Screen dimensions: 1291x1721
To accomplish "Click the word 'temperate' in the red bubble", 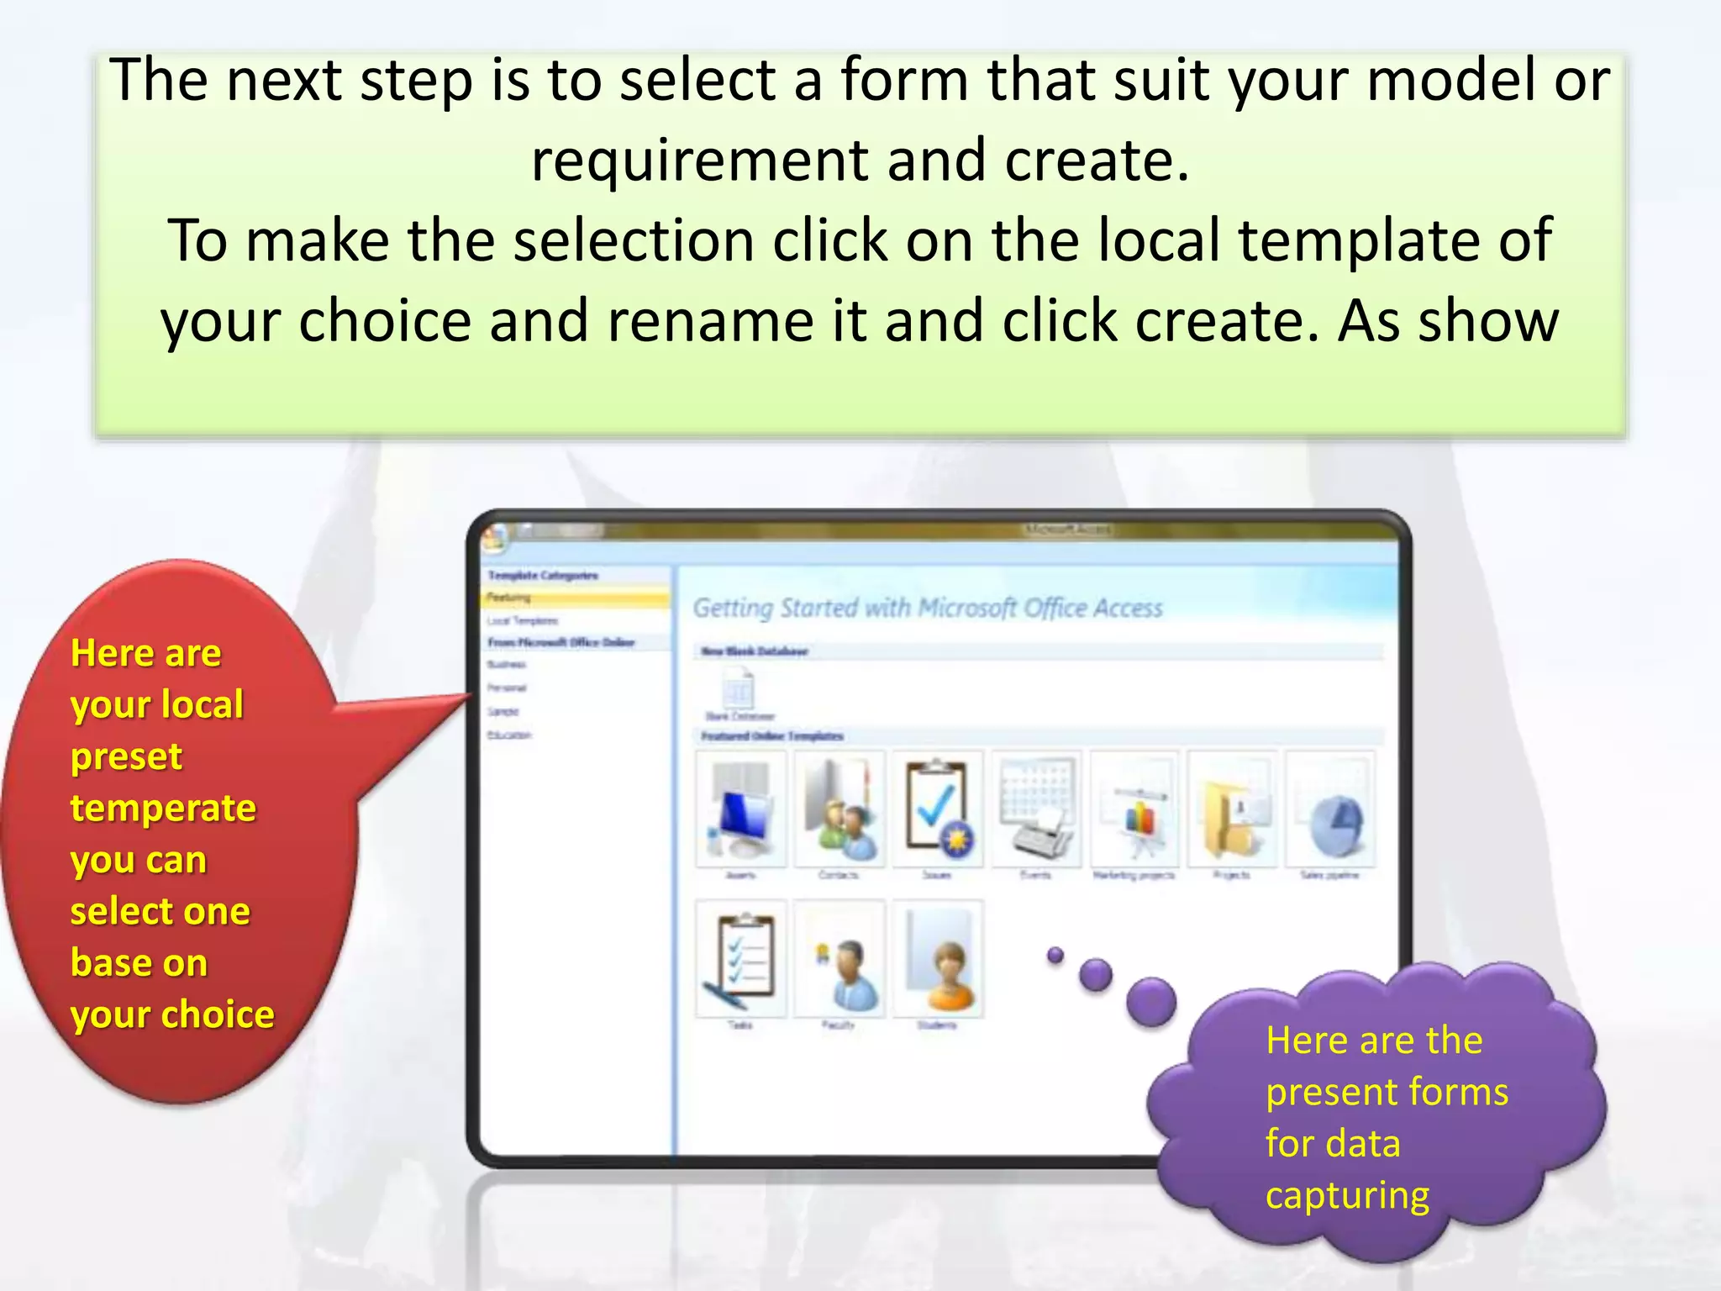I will (163, 809).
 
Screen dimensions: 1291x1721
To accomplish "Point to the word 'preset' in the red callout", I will (126, 756).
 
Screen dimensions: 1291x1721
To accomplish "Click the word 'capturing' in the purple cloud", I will (1347, 1195).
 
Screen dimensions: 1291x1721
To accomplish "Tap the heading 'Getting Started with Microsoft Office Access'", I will (927, 608).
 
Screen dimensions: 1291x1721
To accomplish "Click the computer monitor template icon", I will (741, 809).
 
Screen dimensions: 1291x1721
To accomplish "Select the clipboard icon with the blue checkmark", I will (938, 809).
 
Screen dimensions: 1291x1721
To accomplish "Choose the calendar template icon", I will (1037, 809).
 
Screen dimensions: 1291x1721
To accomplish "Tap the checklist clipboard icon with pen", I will (741, 958).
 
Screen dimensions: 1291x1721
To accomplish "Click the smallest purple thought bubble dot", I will (1055, 955).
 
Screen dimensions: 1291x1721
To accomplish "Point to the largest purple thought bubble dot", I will (1150, 1001).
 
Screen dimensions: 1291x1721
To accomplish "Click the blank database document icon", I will (739, 689).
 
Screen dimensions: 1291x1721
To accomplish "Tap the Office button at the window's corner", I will (494, 538).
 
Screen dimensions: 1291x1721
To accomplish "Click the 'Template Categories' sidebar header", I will (543, 576).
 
